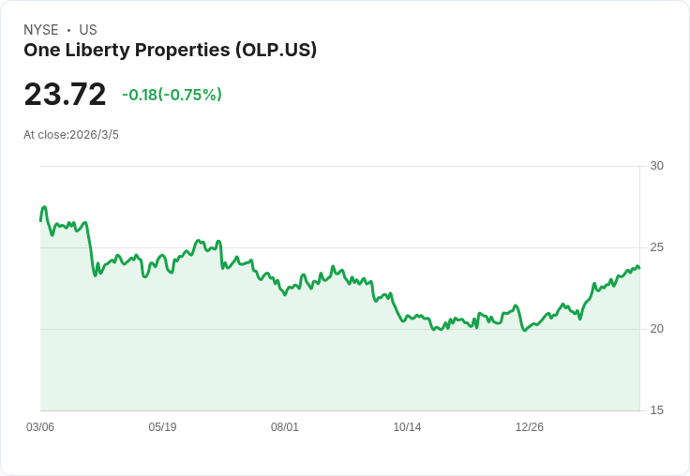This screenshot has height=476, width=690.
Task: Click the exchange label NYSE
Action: (x=40, y=30)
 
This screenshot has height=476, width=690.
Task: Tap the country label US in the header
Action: (x=88, y=30)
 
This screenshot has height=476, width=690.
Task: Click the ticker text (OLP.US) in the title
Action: (x=276, y=50)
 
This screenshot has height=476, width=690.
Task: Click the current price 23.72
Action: (x=65, y=95)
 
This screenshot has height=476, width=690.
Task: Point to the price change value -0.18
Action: (x=140, y=95)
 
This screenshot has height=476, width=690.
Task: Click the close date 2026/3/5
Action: (x=94, y=135)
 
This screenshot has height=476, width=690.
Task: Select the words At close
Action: (x=45, y=135)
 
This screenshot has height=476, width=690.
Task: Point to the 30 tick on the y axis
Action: (x=656, y=166)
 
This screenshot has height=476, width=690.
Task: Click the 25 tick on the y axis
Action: (x=656, y=247)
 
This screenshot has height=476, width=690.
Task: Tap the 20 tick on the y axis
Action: (x=656, y=329)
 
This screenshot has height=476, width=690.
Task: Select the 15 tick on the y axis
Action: (x=656, y=410)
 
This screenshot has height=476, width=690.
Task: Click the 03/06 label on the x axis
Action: (x=40, y=427)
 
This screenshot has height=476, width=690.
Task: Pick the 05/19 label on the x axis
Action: (x=162, y=427)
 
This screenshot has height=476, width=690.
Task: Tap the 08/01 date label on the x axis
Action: (x=285, y=427)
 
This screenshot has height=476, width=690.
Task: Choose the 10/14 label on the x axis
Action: (x=407, y=427)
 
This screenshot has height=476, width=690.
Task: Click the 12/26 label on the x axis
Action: (x=530, y=427)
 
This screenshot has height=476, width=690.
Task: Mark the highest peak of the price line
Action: (x=44, y=207)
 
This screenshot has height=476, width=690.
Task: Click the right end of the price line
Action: (x=639, y=268)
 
